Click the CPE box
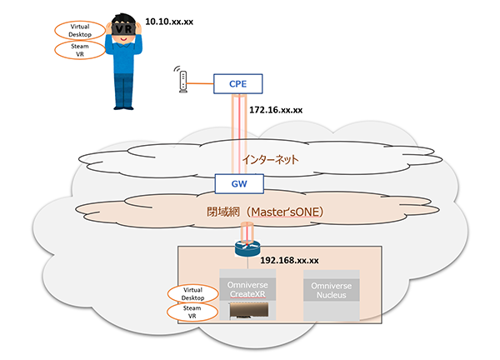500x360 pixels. (238, 82)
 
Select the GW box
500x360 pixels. (238, 182)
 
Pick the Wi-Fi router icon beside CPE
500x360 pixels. (182, 80)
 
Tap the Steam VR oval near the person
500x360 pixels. (81, 50)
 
